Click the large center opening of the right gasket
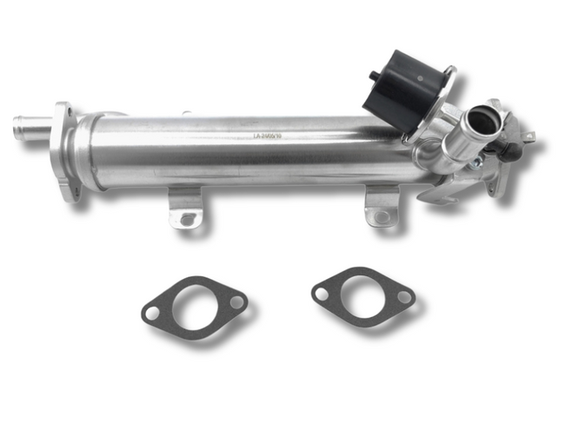pos(362,295)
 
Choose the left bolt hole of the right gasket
pos(322,294)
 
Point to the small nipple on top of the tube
pos(185,113)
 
